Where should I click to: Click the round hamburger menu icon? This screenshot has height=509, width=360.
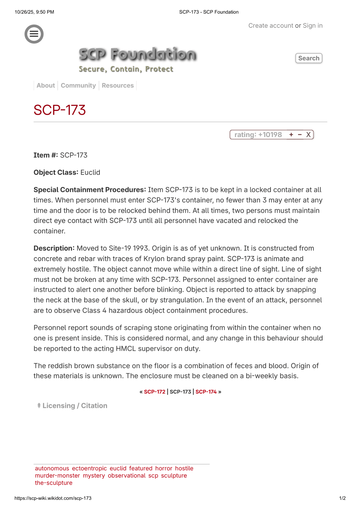coord(34,34)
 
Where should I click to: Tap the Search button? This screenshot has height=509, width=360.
coord(309,58)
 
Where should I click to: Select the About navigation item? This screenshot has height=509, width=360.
coord(46,86)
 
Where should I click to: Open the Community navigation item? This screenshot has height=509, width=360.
coord(78,86)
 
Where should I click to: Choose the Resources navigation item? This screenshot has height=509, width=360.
coord(118,86)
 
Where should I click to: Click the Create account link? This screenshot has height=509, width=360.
coord(271,26)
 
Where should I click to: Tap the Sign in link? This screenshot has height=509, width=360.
coord(312,26)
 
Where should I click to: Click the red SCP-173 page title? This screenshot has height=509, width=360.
coord(60,110)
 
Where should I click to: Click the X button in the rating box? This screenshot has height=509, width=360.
coord(308,135)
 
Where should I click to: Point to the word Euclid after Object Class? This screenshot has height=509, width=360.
coord(90,173)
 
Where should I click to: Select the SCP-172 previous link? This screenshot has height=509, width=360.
coord(155,392)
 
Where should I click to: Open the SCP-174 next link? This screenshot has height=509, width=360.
coord(206,392)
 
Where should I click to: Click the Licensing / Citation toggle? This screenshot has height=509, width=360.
coord(72,406)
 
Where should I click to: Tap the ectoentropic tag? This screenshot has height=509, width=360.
coord(89,469)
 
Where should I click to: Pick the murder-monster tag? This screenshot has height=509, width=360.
coord(57,476)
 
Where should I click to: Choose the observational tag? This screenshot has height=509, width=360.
coord(127,476)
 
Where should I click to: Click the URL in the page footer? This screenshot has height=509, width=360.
coord(53,498)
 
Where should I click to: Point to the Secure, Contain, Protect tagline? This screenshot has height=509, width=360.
coord(126,69)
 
